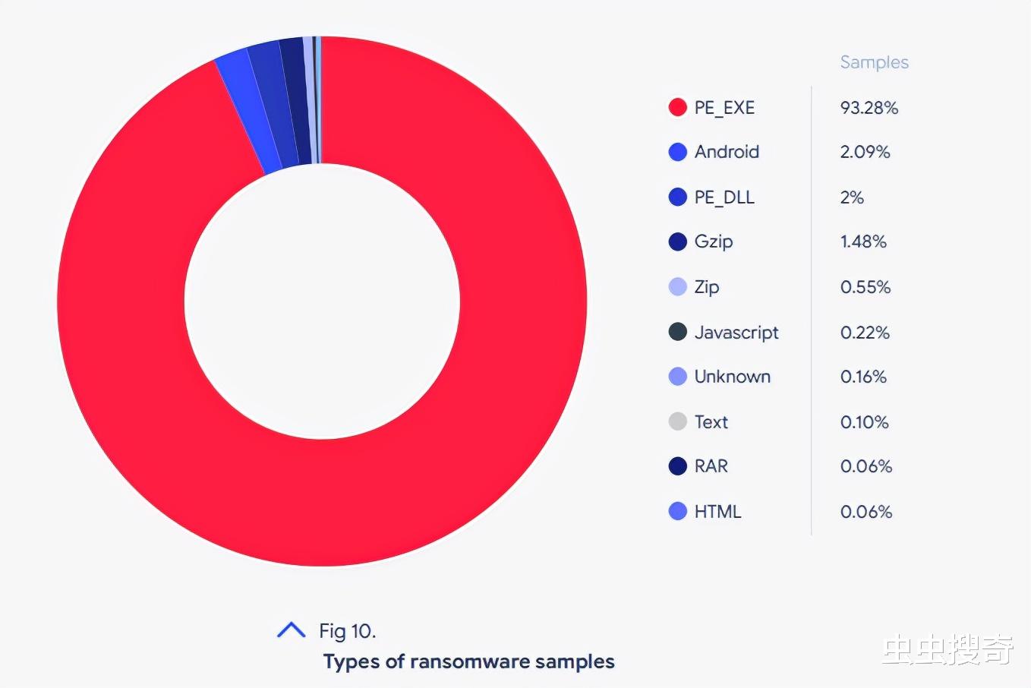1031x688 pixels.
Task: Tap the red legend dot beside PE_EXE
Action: [x=677, y=108]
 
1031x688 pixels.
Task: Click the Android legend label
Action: [x=727, y=152]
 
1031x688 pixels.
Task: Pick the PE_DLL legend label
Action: [x=724, y=197]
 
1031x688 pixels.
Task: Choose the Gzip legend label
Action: [x=714, y=241]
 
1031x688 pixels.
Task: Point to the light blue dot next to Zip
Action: [x=677, y=287]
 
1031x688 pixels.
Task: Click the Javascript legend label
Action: [x=736, y=333]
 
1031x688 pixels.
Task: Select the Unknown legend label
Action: [x=732, y=377]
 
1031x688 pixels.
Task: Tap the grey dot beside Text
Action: [x=677, y=421]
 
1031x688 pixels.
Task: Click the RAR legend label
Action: [x=711, y=466]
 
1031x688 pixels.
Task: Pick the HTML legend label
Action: [x=717, y=512]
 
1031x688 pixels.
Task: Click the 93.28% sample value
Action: [x=869, y=108]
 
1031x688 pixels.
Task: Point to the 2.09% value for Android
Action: [x=865, y=152]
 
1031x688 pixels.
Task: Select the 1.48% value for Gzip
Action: [x=863, y=241]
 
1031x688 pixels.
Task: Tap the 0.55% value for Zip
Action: [x=865, y=287]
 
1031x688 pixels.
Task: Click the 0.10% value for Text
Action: [x=864, y=422]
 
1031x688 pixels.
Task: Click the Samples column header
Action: [x=874, y=62]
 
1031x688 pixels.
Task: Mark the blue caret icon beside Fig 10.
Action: [x=291, y=630]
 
